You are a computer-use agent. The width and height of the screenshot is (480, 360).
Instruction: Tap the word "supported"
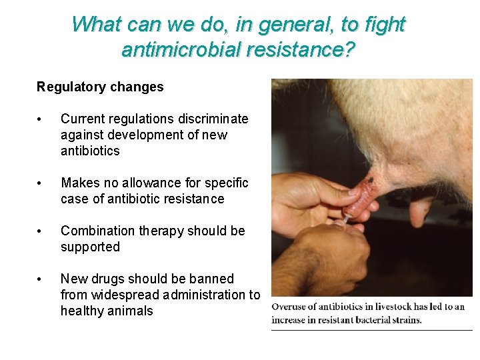[x=90, y=247]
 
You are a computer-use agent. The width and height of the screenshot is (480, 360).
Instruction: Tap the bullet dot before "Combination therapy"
[x=41, y=231]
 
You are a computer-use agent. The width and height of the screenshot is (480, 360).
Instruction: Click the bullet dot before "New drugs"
[x=41, y=279]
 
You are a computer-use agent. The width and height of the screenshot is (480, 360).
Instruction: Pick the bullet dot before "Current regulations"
[x=41, y=119]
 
